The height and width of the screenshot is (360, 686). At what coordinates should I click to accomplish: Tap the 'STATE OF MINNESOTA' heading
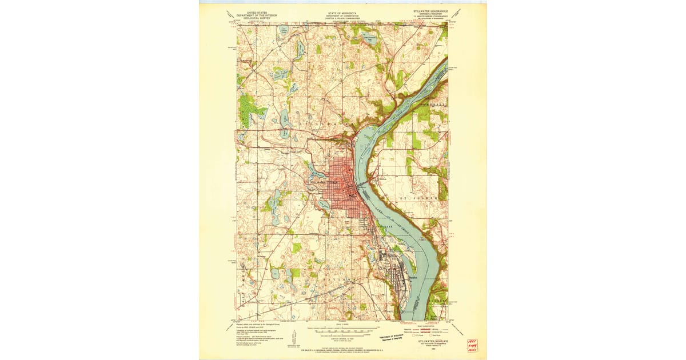click(x=340, y=11)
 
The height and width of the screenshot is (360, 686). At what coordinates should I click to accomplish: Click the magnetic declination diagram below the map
click(x=293, y=337)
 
